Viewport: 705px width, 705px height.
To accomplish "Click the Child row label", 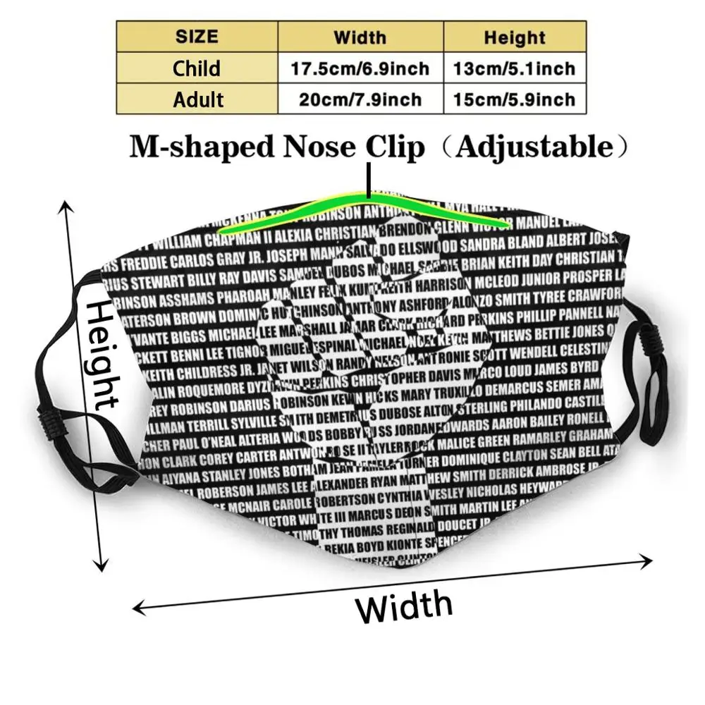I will point(197,68).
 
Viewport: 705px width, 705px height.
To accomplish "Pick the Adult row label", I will point(197,99).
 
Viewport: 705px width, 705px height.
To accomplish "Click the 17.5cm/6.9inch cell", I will point(360,68).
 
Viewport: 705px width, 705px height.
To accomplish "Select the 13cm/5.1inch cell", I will point(514,68).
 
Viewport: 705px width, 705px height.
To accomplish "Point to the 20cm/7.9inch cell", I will point(360,99).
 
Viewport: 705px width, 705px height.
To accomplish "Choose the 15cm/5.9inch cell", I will point(514,99).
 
